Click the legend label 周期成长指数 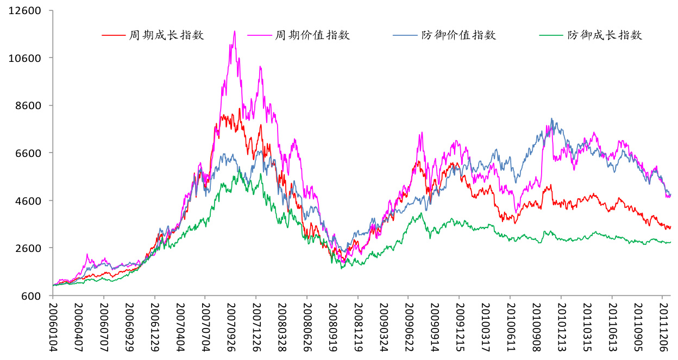[166, 35]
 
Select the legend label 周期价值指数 [312, 35]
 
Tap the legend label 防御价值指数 [459, 35]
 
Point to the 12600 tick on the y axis [26, 10]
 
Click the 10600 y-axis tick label [26, 58]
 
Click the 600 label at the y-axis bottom [33, 296]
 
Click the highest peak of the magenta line [235, 31]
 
